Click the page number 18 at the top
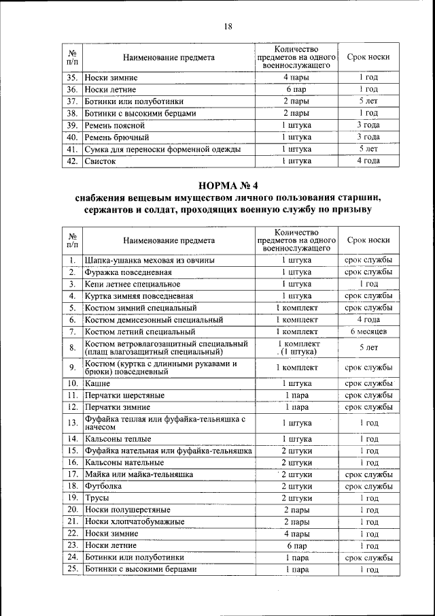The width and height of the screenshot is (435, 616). pyautogui.click(x=228, y=26)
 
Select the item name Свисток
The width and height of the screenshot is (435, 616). pyautogui.click(x=101, y=161)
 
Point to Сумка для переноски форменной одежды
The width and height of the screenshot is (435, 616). pyautogui.click(x=162, y=149)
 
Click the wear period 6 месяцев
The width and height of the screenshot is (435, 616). pyautogui.click(x=368, y=331)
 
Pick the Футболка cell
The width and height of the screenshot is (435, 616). pyautogui.click(x=103, y=487)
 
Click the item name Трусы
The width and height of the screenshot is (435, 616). pyautogui.click(x=97, y=498)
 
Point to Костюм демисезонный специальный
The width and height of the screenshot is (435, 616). pyautogui.click(x=163, y=319)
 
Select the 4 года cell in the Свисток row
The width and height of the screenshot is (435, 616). pyautogui.click(x=368, y=161)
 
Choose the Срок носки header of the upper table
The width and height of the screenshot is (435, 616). pyautogui.click(x=368, y=57)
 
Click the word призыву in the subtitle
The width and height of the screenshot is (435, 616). pyautogui.click(x=346, y=210)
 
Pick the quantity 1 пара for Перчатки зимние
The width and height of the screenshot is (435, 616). pyautogui.click(x=297, y=407)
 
